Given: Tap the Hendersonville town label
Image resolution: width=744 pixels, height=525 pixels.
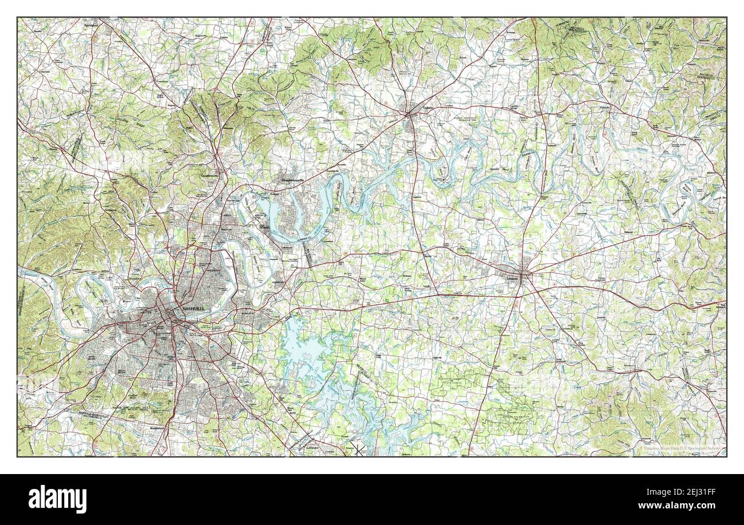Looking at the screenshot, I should tap(295, 179).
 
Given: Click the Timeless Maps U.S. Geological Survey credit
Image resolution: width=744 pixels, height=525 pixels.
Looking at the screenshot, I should tap(681, 449).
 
